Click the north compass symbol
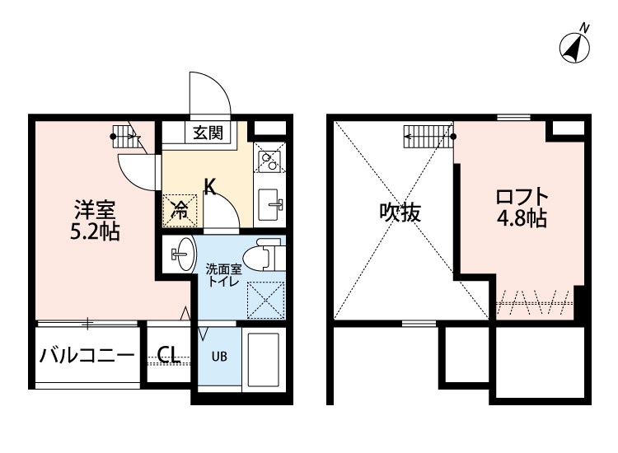point(575,48)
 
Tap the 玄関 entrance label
point(208,133)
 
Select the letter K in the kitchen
point(209,186)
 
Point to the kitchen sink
point(270,204)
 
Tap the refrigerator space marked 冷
point(180,211)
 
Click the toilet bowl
point(264,258)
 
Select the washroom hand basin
point(183,254)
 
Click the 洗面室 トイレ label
point(223,275)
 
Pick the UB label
point(219,357)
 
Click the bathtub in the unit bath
point(264,360)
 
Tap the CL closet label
point(168,354)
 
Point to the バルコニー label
point(87,355)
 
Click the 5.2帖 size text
point(95,232)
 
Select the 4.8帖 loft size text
point(522,217)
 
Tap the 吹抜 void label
point(400,212)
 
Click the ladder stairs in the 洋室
point(126,136)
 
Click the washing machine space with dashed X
point(265,300)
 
